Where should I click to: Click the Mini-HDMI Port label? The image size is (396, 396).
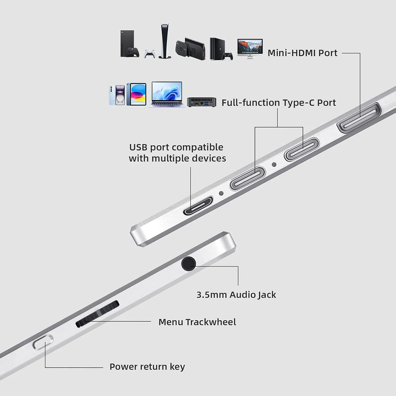coord(302,53)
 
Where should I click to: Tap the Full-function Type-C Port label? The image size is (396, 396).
coord(278,103)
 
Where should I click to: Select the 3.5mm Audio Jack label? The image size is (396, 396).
coord(236,295)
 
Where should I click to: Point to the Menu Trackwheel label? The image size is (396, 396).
coord(197,322)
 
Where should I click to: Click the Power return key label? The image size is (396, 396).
coord(147,367)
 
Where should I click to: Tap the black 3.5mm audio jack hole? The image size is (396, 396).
coord(188,264)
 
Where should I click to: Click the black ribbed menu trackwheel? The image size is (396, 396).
coord(97,314)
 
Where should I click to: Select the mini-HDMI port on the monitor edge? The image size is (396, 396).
coord(359,118)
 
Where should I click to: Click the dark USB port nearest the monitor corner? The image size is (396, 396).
coord(198,206)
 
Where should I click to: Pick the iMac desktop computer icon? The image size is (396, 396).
coord(250,48)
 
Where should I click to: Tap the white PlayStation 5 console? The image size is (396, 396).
coord(165,41)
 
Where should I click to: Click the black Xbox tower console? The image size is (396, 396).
coord(127,43)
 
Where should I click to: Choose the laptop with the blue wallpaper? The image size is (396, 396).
coord(167,94)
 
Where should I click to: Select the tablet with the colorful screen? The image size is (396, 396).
coord(137,94)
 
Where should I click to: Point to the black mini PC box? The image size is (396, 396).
coord(201,102)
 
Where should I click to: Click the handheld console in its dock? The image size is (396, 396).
coord(190,48)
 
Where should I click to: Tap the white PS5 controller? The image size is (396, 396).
coord(150,54)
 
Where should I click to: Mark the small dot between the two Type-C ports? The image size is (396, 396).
coord(274,165)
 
